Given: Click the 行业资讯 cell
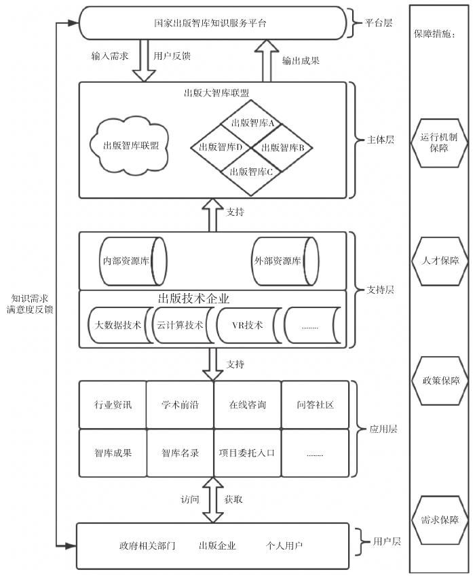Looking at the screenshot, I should coord(113,405).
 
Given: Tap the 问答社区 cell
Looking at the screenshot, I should coord(316,405).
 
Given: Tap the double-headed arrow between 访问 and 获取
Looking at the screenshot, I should coord(212,499).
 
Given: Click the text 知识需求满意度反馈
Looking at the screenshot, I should coord(33,304).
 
